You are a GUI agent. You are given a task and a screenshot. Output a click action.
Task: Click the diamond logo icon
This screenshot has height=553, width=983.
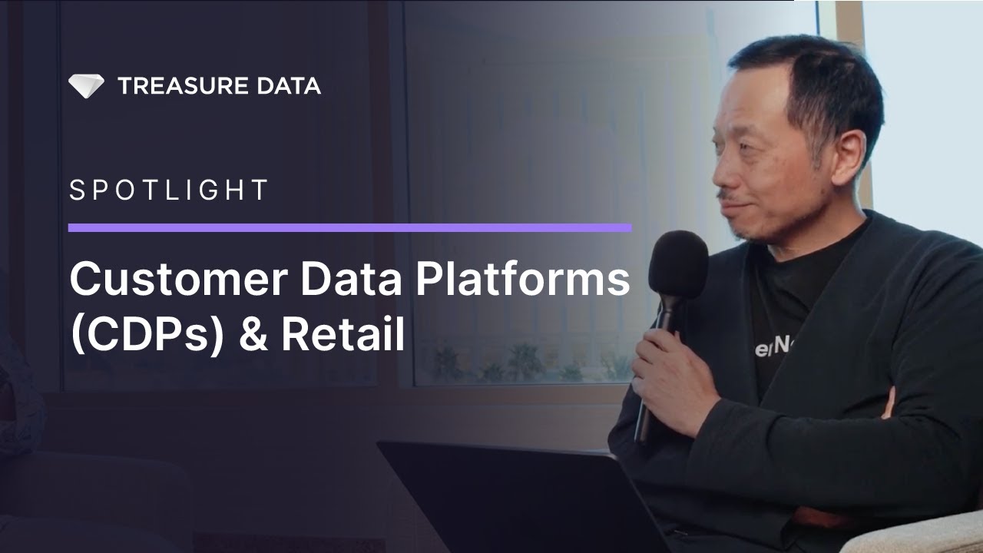click(85, 85)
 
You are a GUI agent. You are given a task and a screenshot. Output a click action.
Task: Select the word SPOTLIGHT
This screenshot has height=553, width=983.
click(169, 190)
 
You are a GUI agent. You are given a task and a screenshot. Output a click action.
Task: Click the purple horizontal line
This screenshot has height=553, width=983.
click(349, 227)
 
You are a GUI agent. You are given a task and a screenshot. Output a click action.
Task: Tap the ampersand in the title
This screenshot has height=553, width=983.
click(253, 336)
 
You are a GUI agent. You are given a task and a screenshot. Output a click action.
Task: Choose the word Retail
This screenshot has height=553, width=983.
click(343, 336)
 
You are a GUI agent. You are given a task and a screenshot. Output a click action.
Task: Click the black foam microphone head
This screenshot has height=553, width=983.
click(677, 265)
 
